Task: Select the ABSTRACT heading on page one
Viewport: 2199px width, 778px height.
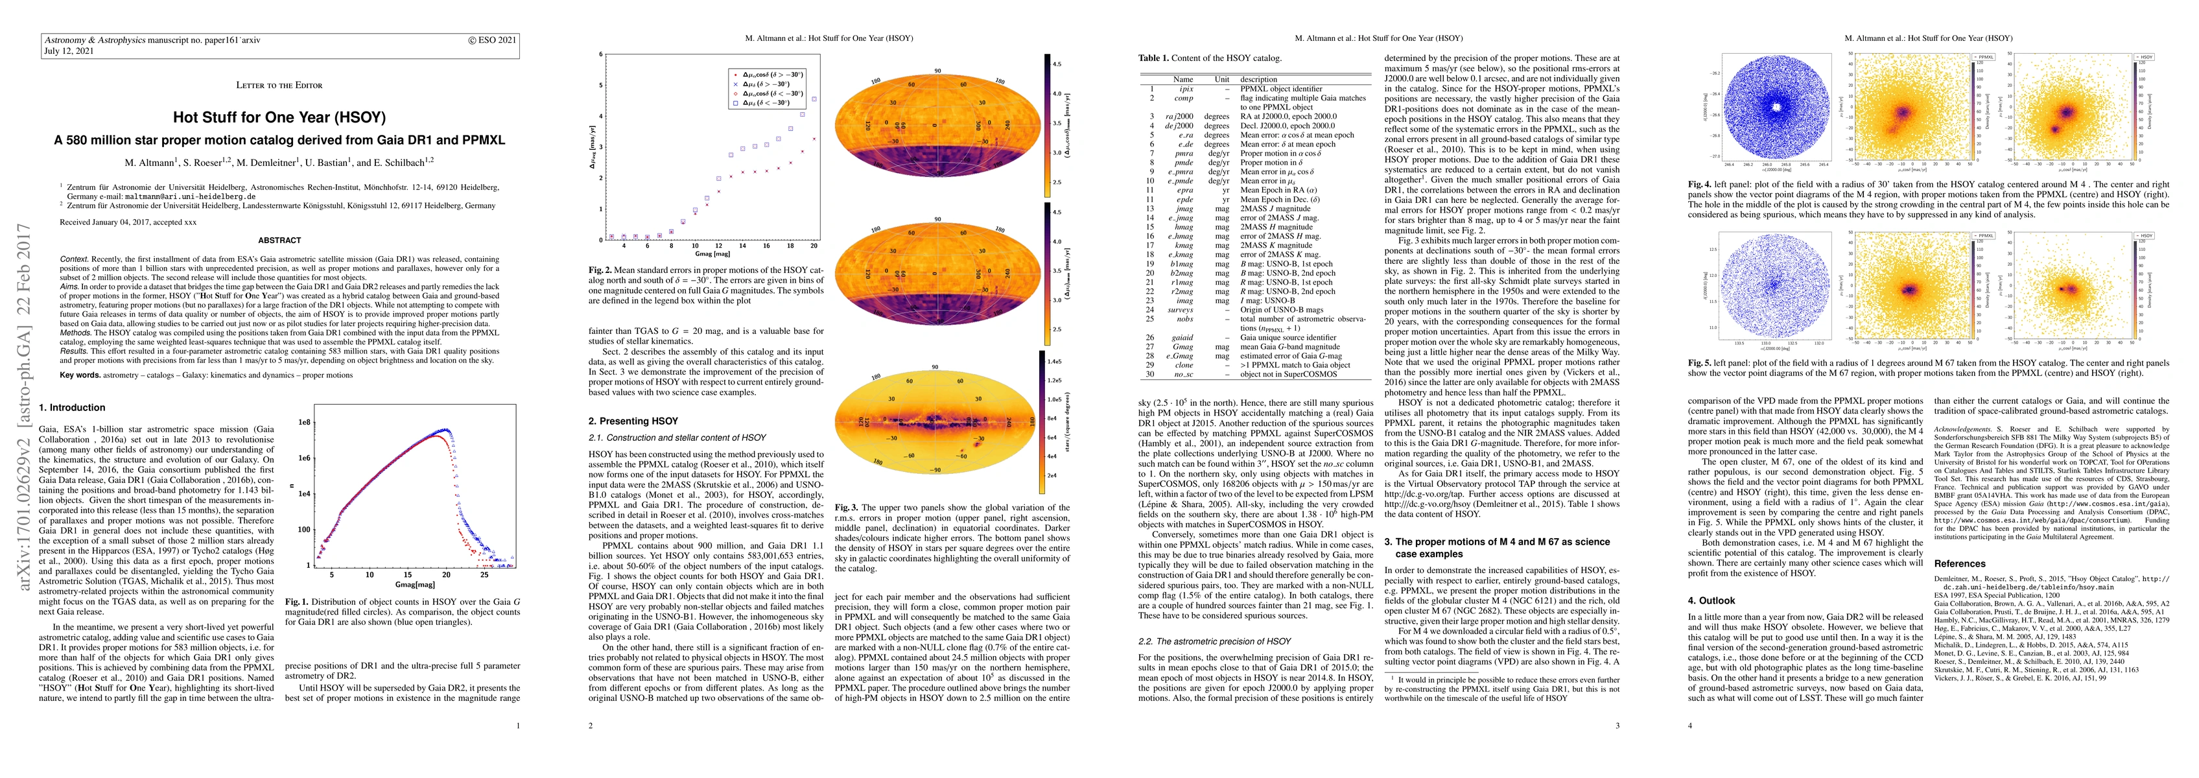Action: (279, 240)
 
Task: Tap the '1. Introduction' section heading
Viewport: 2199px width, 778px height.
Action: (73, 407)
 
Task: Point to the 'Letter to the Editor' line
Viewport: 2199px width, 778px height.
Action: (279, 84)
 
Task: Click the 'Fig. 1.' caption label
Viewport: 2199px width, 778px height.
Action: (296, 601)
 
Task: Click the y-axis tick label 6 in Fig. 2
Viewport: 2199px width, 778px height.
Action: (602, 54)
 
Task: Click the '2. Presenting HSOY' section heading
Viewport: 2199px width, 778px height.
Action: (633, 421)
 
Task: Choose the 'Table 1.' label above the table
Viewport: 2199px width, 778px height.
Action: (1155, 58)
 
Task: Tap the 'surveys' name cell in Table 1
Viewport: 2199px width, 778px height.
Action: (1181, 310)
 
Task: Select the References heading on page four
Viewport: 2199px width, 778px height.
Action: (1959, 563)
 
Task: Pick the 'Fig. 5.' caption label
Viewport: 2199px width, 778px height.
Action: (1699, 362)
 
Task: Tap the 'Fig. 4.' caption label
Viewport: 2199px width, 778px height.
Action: (1699, 185)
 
